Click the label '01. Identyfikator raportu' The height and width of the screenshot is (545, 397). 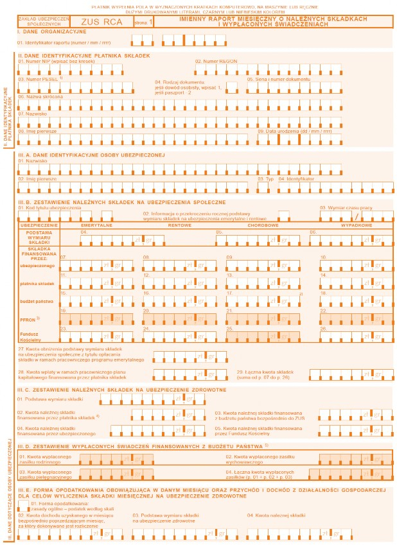pyautogui.click(x=57, y=42)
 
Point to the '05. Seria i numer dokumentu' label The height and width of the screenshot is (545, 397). pyautogui.click(x=278, y=79)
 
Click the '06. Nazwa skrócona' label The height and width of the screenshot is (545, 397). pyautogui.click(x=41, y=96)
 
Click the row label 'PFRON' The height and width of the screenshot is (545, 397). pyautogui.click(x=29, y=318)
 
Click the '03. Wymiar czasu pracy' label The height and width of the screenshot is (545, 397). pyautogui.click(x=346, y=207)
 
